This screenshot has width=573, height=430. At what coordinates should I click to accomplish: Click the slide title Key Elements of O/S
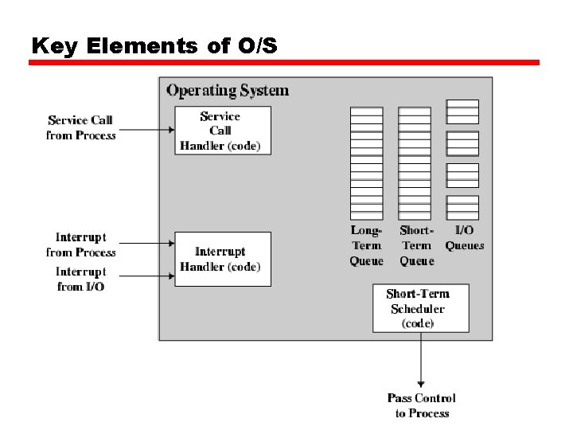154,46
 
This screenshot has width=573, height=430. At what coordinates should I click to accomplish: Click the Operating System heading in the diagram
228,90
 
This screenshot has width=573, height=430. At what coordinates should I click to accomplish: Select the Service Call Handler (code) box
222,130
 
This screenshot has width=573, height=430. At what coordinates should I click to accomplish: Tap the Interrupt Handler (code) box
222,259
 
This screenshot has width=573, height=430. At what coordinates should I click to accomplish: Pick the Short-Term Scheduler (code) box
420,308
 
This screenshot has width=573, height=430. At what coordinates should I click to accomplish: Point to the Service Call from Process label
80,127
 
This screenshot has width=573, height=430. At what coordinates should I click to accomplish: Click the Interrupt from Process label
80,244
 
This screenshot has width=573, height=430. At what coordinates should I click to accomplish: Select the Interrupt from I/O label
80,279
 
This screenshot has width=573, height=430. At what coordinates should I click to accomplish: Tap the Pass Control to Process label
422,405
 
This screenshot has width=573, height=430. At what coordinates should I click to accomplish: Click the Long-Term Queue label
366,245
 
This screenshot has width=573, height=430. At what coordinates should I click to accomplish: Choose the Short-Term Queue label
416,245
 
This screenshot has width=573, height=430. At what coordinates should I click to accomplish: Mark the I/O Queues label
464,238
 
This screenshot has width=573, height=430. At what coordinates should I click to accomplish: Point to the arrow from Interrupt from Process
145,244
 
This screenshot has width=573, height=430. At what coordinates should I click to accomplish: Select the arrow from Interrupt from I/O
145,276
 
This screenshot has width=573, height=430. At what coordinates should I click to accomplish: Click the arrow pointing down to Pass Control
421,358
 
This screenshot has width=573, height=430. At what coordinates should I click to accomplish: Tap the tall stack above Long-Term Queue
366,163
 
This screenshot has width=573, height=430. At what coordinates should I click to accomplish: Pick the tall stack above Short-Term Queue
415,163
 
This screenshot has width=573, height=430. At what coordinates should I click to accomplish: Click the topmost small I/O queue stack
462,111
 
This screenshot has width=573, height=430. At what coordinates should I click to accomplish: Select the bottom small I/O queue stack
462,207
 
